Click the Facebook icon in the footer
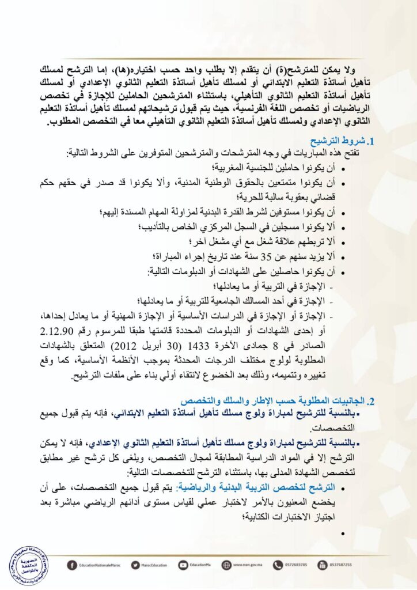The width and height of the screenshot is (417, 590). click(72, 565)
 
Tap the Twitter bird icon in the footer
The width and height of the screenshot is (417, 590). click(135, 565)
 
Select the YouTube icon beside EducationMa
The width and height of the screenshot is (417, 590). click(183, 565)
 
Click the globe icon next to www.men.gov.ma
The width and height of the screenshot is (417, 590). click(227, 565)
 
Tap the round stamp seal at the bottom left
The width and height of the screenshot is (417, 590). click(28, 563)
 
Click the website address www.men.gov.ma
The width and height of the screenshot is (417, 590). click(249, 565)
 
